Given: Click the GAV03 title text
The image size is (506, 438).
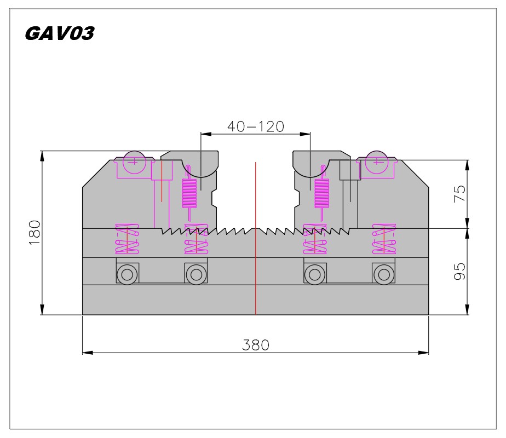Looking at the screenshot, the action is (60, 33).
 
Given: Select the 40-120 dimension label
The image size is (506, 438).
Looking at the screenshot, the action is (256, 126).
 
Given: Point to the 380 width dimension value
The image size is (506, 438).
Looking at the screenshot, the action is (256, 345).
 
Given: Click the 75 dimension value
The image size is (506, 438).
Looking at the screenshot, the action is (459, 193).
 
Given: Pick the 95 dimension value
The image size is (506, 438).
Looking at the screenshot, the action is (459, 271).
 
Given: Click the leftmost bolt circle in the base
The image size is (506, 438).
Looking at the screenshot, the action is (127, 275).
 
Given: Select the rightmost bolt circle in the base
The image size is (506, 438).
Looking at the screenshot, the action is (384, 275).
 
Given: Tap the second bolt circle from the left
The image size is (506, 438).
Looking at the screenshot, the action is (196, 275).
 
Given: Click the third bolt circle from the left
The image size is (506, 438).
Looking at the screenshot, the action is (315, 275).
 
